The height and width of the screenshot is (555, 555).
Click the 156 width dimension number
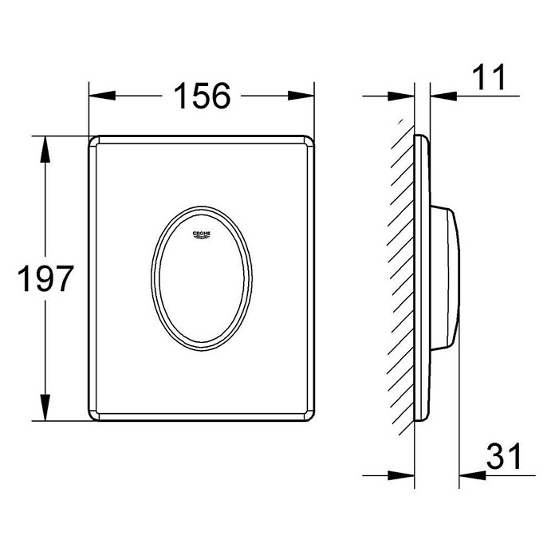click(202, 96)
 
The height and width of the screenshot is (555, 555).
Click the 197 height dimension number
click(45, 278)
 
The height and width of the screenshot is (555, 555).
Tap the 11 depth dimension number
click(489, 77)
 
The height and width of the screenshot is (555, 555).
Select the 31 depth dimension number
click(504, 456)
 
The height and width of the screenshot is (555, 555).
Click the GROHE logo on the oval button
click(202, 235)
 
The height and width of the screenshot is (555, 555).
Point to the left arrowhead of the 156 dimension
click(102, 96)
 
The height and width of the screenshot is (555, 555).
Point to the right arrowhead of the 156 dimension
click(301, 96)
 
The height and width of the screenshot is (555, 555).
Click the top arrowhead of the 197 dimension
click(45, 149)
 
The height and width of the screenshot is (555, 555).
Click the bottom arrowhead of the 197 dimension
click(45, 407)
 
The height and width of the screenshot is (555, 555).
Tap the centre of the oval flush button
click(202, 278)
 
